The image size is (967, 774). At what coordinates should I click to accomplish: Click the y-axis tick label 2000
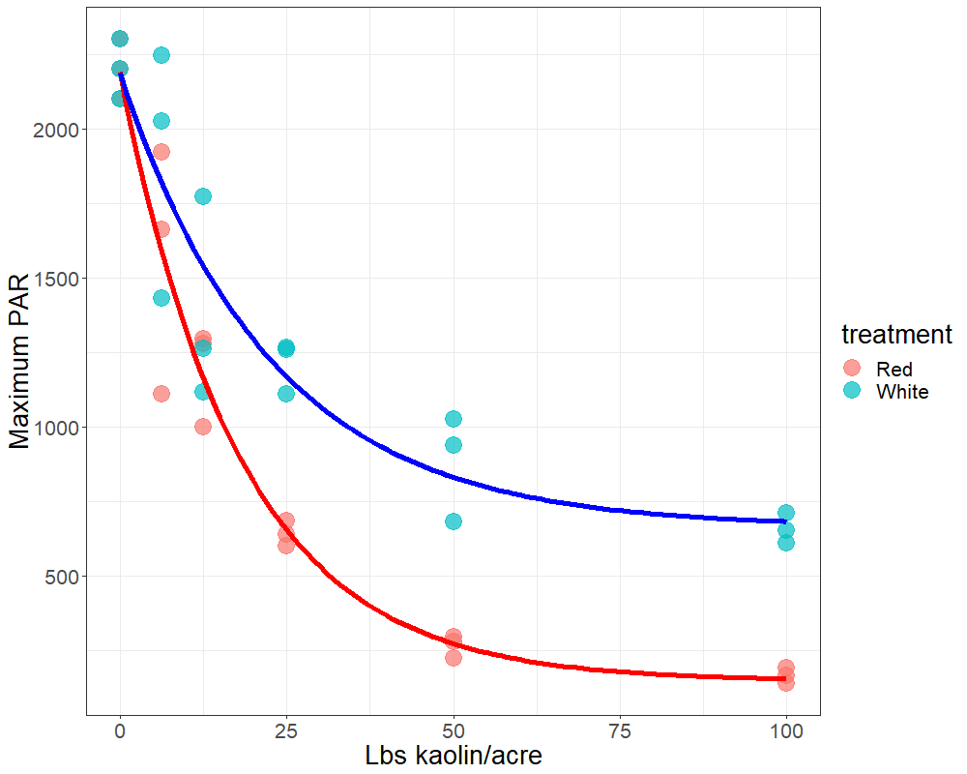click(56, 131)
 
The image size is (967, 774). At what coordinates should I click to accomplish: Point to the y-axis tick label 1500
click(56, 280)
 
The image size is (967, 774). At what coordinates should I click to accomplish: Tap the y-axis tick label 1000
click(56, 428)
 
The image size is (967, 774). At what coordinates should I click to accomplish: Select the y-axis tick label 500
click(62, 577)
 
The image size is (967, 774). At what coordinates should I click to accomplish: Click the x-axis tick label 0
click(120, 730)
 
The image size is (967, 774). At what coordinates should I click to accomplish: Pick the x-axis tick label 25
click(286, 730)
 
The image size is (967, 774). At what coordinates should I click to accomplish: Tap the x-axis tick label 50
click(454, 730)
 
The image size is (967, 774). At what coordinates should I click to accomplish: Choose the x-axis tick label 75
click(620, 730)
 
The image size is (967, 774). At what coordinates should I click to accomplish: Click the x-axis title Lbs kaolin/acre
click(453, 756)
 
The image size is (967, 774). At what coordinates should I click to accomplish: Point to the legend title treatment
click(896, 335)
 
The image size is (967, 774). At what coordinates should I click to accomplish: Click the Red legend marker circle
click(852, 368)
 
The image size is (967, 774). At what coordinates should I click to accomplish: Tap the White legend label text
click(902, 392)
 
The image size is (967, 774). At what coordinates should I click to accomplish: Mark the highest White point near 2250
click(161, 55)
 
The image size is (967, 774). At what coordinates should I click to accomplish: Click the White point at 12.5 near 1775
click(203, 196)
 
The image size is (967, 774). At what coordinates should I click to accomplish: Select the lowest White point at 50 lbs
click(454, 521)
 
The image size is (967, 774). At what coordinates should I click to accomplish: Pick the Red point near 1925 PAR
click(161, 152)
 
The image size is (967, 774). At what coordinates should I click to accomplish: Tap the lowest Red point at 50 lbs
click(454, 657)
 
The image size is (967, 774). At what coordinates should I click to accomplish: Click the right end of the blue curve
click(784, 521)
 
